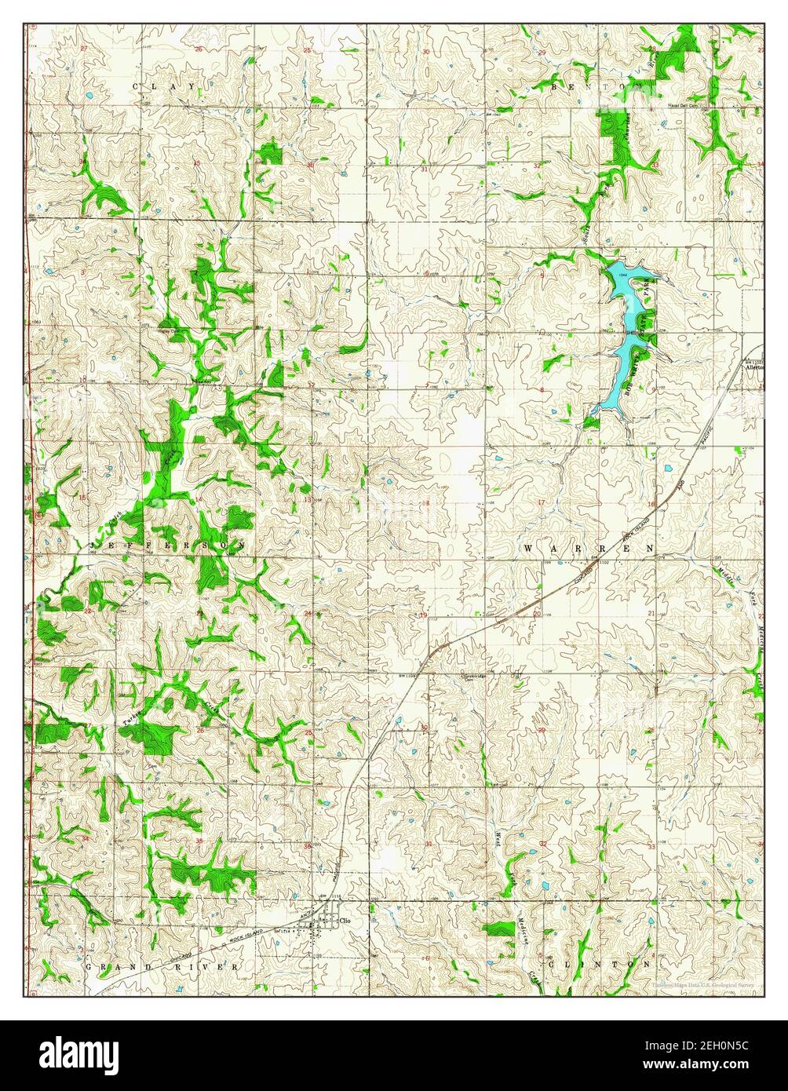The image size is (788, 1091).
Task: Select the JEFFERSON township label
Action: click(x=168, y=544)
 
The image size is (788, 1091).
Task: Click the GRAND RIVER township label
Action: click(x=161, y=967)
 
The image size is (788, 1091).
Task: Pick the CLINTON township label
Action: click(x=600, y=963)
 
